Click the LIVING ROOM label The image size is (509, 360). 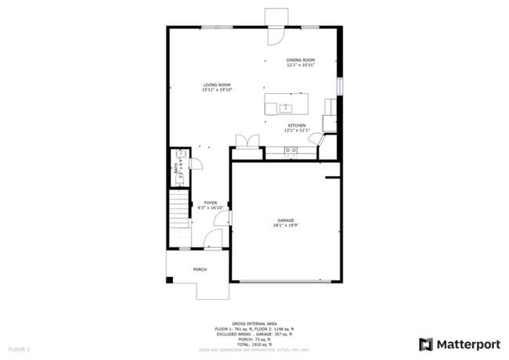(x=217, y=85)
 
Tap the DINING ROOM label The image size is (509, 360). (x=300, y=60)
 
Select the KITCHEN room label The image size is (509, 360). (x=296, y=126)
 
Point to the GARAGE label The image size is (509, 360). (x=285, y=221)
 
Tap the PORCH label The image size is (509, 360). (x=200, y=270)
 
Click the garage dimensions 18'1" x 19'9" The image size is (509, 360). (x=285, y=226)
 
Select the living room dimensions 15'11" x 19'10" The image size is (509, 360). (x=217, y=90)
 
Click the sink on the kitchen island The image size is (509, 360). (x=287, y=106)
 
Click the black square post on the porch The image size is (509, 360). (x=169, y=280)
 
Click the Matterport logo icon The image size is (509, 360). (x=426, y=344)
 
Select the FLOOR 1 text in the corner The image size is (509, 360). (x=19, y=348)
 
